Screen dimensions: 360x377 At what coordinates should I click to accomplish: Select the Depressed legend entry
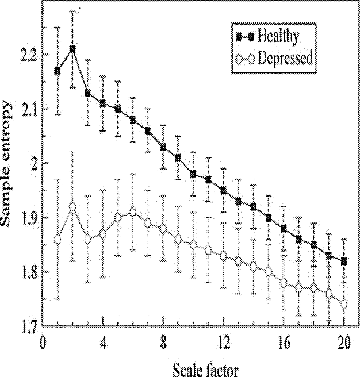[274, 57]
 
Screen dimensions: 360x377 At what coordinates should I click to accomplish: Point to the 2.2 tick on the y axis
[28, 55]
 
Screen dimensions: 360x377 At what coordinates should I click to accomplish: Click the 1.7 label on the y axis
[29, 326]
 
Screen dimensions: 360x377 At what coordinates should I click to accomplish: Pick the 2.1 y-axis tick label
[28, 109]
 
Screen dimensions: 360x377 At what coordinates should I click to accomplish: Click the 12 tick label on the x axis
[224, 343]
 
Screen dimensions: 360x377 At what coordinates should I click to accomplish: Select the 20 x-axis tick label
[344, 343]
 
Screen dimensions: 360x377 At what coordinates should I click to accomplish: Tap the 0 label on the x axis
[43, 343]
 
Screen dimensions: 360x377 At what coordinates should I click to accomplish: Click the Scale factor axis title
[206, 370]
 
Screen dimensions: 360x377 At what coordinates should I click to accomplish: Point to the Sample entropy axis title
[6, 164]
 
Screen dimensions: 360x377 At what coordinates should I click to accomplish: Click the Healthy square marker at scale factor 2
[72, 49]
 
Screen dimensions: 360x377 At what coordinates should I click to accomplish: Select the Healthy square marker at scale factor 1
[58, 71]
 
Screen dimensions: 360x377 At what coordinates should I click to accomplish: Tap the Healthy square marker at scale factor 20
[344, 261]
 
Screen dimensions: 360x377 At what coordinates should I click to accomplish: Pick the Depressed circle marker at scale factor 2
[72, 206]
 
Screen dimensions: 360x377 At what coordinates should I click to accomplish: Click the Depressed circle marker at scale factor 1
[58, 240]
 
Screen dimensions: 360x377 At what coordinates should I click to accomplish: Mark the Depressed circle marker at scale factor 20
[344, 305]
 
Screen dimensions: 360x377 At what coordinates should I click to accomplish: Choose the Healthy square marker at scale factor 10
[193, 174]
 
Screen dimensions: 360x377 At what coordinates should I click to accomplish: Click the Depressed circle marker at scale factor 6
[133, 212]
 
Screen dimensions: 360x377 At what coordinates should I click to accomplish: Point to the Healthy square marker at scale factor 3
[87, 93]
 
